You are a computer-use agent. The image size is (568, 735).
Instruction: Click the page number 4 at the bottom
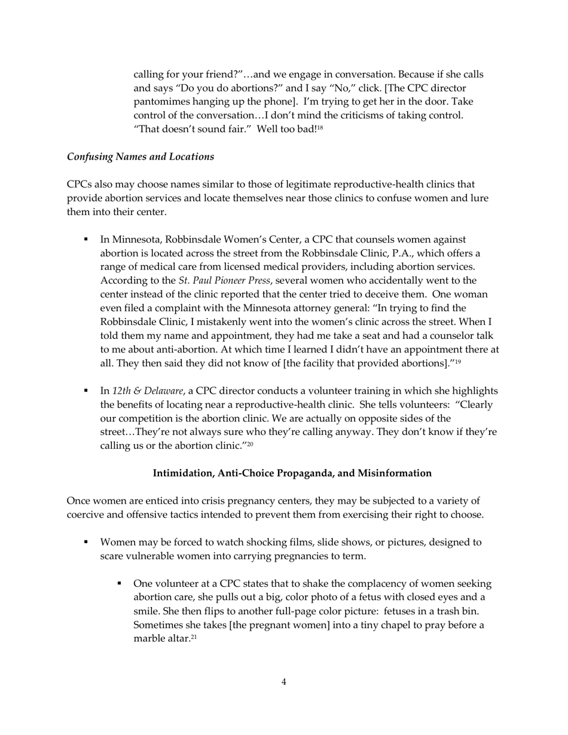tap(284, 682)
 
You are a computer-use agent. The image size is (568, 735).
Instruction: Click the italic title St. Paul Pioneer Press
tap(224, 280)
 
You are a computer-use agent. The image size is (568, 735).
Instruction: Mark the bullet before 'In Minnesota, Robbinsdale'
tap(86, 239)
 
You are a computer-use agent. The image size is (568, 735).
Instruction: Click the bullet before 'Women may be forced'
tap(86, 543)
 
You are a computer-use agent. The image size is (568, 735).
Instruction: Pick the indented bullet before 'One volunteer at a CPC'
tap(120, 584)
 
